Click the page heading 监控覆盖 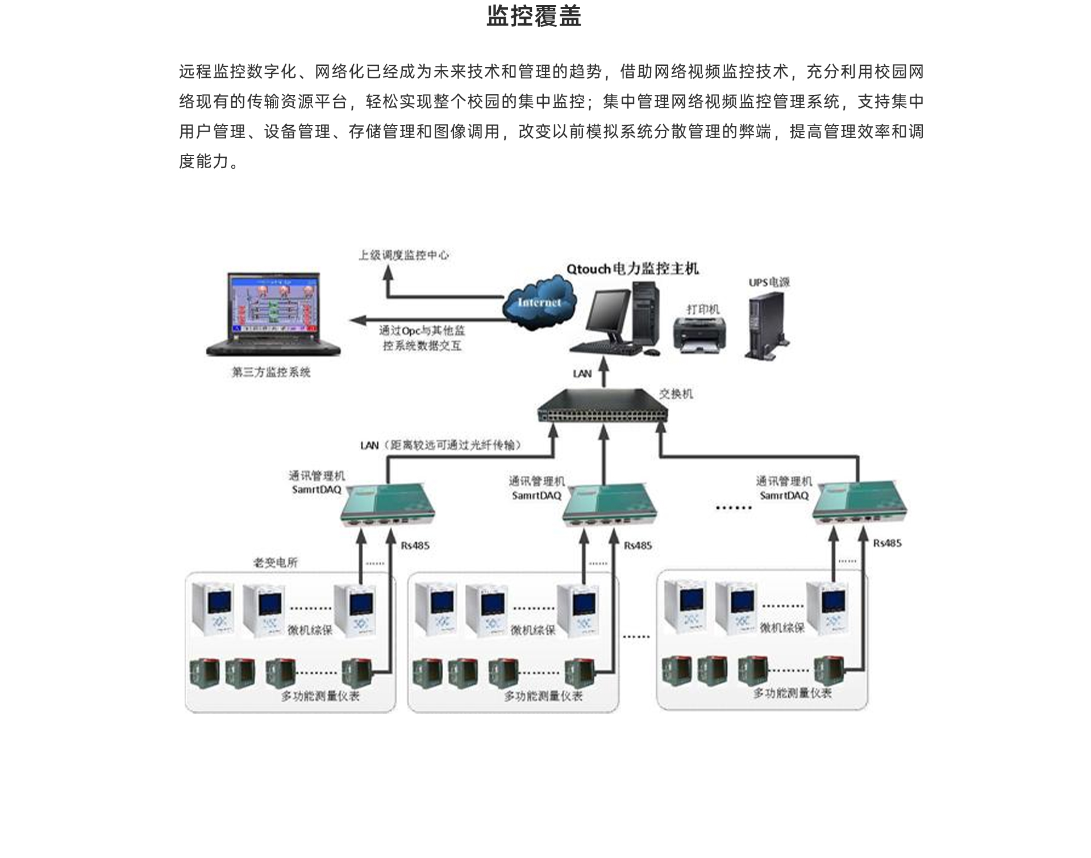coord(534,16)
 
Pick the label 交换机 coord(676,394)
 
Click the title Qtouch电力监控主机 coord(632,269)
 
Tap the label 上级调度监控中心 coord(403,255)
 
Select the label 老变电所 coord(276,562)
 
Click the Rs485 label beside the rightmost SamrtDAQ coord(887,543)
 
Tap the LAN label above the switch coord(582,374)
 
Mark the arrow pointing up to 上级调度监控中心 coord(388,274)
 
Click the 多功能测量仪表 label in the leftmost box coord(320,696)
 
